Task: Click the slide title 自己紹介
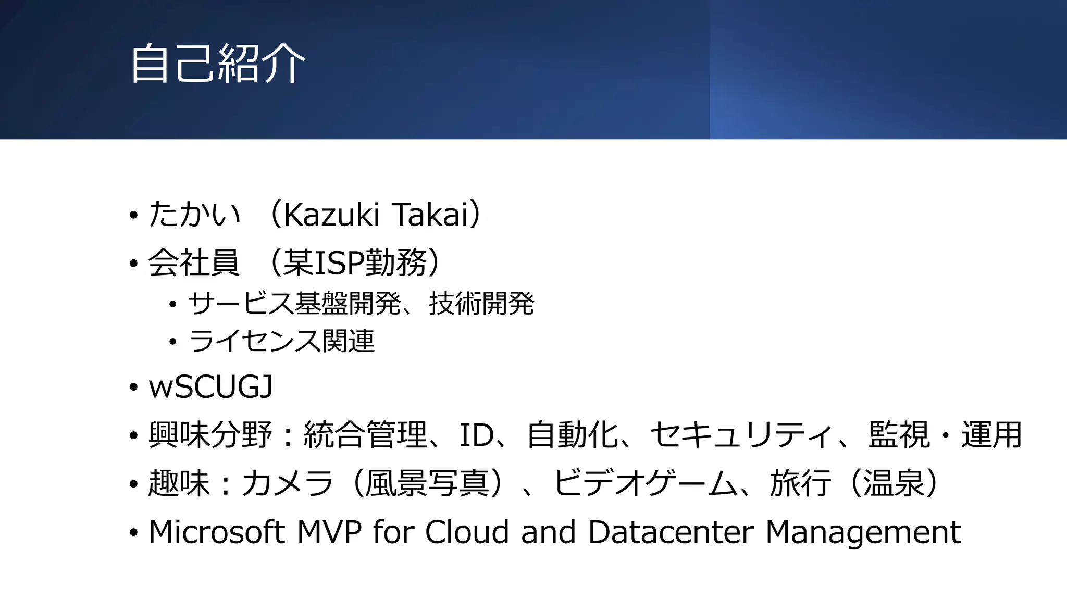pyautogui.click(x=217, y=64)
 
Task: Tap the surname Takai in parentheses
pyautogui.click(x=430, y=214)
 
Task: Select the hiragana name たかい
pyautogui.click(x=194, y=214)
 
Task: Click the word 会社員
pyautogui.click(x=194, y=262)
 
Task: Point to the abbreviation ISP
pyautogui.click(x=340, y=262)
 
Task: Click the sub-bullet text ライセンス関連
pyautogui.click(x=281, y=342)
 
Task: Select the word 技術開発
pyautogui.click(x=481, y=304)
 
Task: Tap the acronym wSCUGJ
pyautogui.click(x=210, y=387)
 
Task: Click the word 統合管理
pyautogui.click(x=365, y=435)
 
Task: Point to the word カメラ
pyautogui.click(x=287, y=483)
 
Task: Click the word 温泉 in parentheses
pyautogui.click(x=894, y=483)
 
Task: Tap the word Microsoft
pyautogui.click(x=217, y=532)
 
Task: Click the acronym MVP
pyautogui.click(x=329, y=532)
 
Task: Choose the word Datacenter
pyautogui.click(x=671, y=532)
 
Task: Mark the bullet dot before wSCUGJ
pyautogui.click(x=134, y=388)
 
